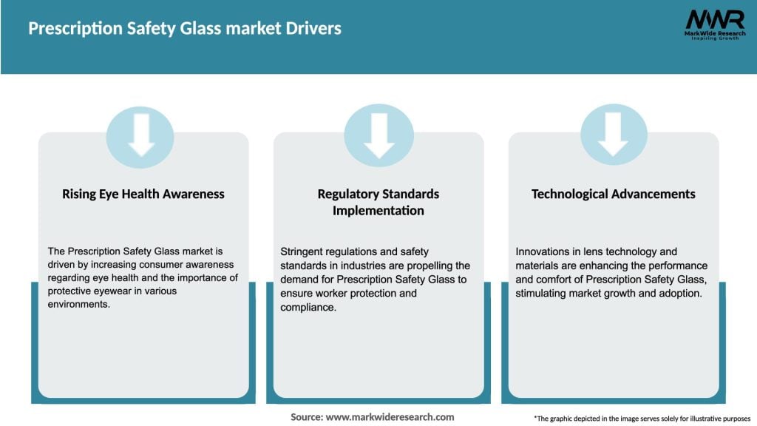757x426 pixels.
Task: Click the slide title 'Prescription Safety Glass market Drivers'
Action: click(185, 29)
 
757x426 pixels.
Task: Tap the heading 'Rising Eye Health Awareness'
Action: click(143, 194)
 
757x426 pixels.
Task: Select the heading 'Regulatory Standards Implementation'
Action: click(378, 202)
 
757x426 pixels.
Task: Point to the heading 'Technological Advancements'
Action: click(614, 194)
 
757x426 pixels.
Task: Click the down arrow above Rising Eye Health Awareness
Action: click(140, 135)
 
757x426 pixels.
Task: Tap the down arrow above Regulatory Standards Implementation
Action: click(378, 135)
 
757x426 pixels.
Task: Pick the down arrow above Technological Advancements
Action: click(613, 135)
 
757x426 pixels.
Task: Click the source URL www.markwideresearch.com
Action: click(390, 417)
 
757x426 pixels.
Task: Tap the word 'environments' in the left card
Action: click(76, 305)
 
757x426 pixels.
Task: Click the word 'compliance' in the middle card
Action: click(308, 306)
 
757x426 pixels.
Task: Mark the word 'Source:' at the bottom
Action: click(307, 417)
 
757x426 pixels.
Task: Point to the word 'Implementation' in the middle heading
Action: click(378, 211)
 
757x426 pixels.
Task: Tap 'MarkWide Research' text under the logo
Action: click(714, 33)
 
